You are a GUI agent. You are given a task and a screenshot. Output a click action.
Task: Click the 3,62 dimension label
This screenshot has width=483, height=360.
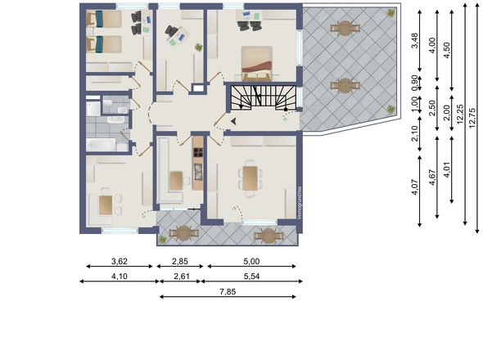coord(120,262)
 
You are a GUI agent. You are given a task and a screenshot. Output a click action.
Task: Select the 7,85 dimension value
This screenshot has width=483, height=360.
coord(228,291)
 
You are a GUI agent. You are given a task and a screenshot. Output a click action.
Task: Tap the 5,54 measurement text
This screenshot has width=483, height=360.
coord(251,277)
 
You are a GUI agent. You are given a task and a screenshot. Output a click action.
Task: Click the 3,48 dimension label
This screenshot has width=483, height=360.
coord(415,40)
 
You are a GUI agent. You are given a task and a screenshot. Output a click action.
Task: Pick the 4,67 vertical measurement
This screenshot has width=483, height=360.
coord(432,178)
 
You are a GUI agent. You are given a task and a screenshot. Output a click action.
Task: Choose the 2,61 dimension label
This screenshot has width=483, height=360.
coord(182,277)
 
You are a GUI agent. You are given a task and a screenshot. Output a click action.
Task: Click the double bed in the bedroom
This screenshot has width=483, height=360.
coord(256,63)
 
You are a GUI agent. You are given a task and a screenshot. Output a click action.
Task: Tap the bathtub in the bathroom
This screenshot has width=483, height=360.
coord(101,145)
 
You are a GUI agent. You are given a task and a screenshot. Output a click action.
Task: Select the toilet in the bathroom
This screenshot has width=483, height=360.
coord(107,102)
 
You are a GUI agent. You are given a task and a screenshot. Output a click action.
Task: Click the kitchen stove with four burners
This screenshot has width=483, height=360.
coord(198,152)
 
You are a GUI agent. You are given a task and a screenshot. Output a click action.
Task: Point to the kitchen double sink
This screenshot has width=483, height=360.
coord(198,172)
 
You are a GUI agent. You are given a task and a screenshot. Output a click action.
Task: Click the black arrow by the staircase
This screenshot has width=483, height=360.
coord(233,121)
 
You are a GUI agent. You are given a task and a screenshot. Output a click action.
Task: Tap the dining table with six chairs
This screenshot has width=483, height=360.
coord(250,178)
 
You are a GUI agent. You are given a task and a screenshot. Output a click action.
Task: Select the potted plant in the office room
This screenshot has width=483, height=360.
coord(199,47)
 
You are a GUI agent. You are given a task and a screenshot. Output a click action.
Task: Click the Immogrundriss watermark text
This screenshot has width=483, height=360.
coord(300,203)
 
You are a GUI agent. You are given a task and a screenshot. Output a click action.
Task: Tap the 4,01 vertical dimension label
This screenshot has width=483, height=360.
coord(447,169)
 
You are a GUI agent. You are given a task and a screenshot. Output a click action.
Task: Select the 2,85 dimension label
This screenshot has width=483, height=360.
coord(180,262)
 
